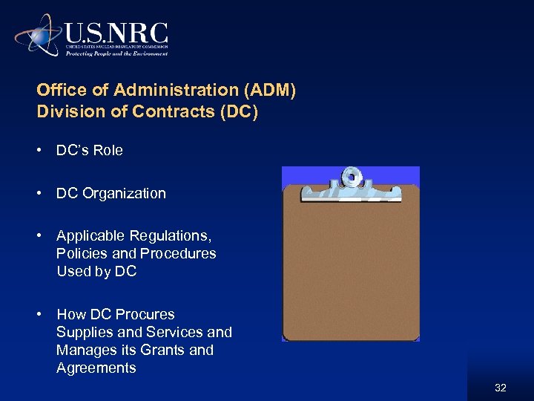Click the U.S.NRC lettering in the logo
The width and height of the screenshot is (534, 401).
point(116,33)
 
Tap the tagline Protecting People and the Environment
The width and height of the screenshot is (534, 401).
point(116,53)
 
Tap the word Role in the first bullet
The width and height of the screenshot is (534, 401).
point(108,151)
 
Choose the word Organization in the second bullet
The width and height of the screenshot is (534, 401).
point(124,194)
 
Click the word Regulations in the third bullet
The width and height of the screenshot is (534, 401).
point(171,236)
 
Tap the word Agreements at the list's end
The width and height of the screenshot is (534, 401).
point(96,368)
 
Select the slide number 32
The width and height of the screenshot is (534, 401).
point(500,388)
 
